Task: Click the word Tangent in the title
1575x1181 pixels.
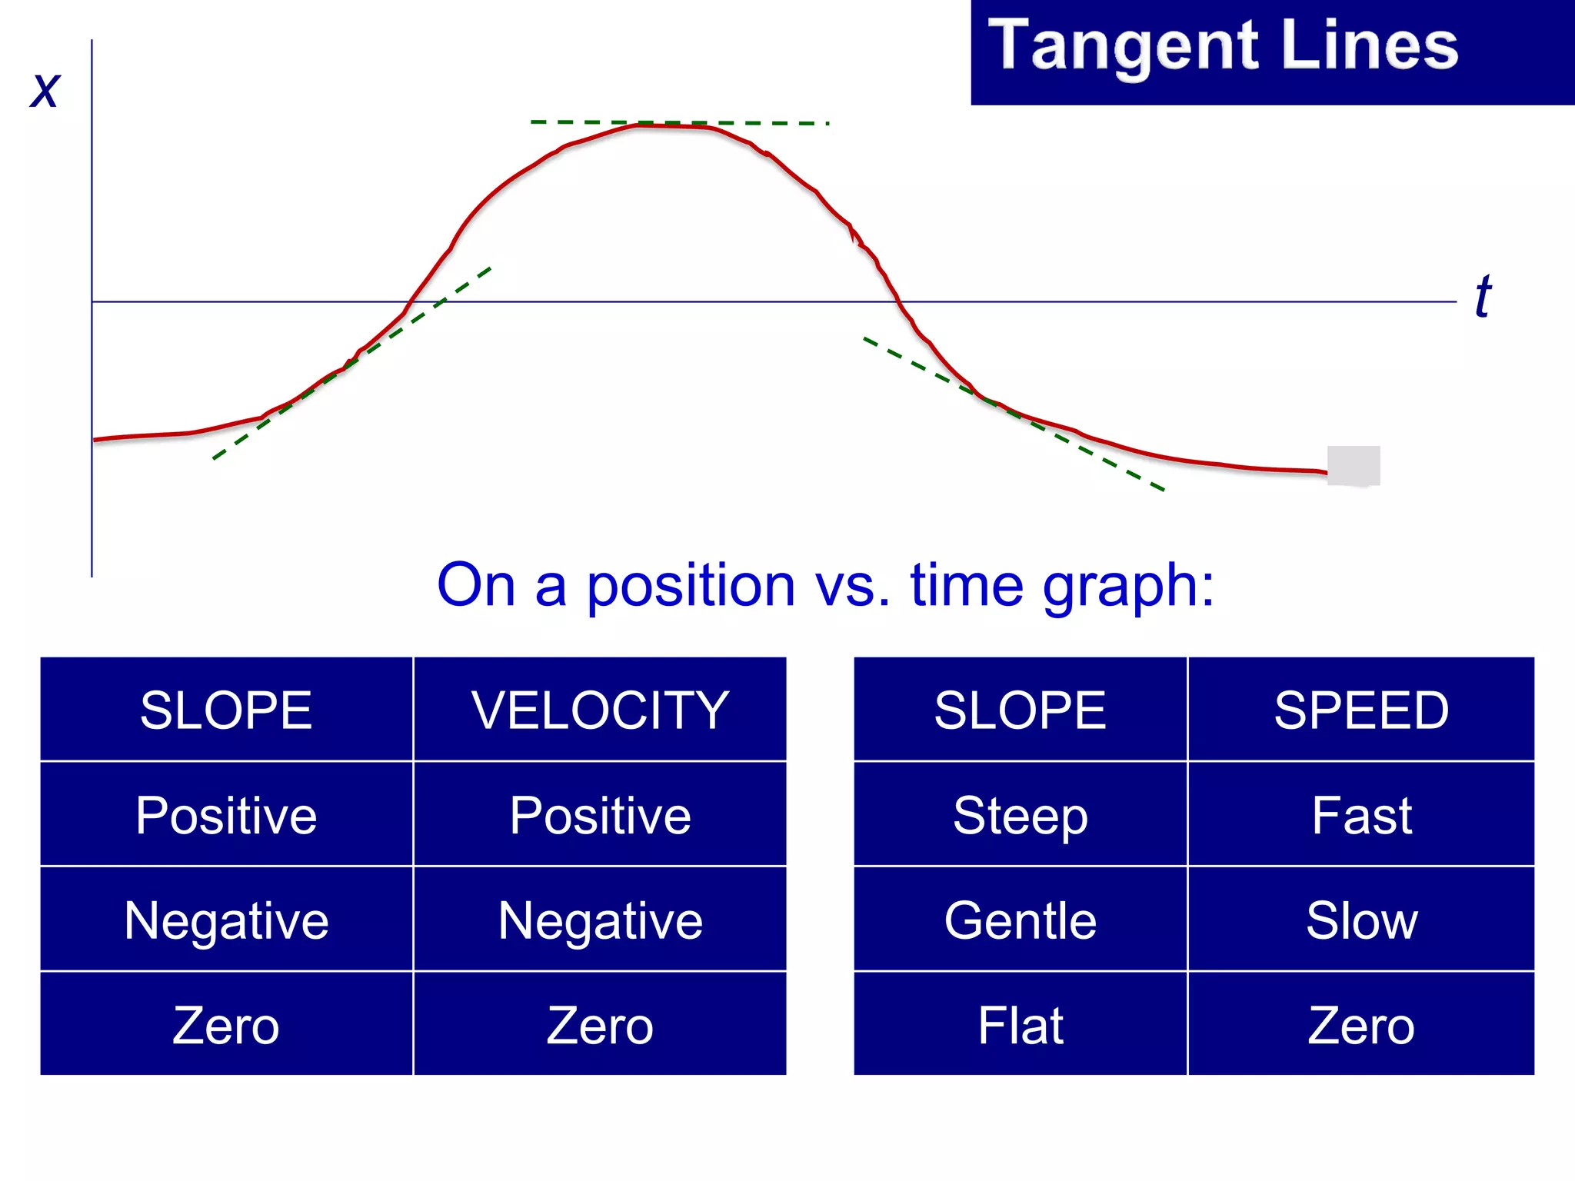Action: (1123, 46)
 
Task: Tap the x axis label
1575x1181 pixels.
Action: (45, 90)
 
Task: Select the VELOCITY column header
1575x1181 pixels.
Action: (600, 710)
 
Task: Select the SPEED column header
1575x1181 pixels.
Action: (1361, 710)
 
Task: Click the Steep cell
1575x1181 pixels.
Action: (1021, 815)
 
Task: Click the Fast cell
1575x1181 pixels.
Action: (1361, 815)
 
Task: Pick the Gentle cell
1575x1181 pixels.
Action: (1021, 920)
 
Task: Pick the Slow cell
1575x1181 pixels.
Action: (1361, 920)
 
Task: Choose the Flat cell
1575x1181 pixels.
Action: (1021, 1025)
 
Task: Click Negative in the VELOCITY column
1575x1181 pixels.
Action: (600, 920)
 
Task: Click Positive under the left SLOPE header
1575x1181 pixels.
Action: (226, 815)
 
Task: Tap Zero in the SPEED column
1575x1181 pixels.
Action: (1361, 1025)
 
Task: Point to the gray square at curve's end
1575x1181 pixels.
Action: (1354, 465)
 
